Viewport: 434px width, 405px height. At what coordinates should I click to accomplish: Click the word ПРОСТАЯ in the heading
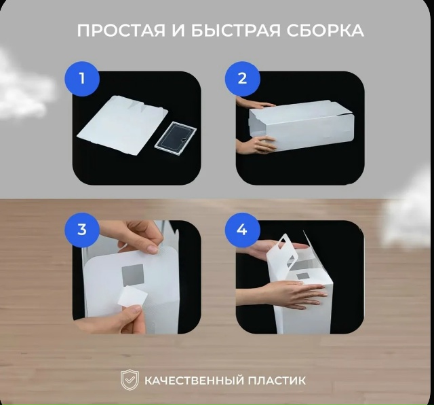[121, 31]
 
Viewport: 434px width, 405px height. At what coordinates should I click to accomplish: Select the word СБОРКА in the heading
[325, 31]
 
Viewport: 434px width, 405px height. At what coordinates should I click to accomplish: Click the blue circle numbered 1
[82, 79]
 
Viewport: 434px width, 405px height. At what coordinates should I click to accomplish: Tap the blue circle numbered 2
[242, 79]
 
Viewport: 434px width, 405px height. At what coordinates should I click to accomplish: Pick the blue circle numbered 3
[82, 230]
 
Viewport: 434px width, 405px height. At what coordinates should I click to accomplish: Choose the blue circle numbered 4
[242, 230]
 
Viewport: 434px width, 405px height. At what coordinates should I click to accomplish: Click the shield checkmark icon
[130, 379]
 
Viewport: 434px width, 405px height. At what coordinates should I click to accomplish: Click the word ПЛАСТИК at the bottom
[277, 381]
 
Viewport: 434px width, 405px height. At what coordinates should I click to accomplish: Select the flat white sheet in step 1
[122, 124]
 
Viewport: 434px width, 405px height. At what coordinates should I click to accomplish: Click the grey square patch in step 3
[133, 275]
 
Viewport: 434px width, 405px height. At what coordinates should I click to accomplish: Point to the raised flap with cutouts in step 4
[282, 254]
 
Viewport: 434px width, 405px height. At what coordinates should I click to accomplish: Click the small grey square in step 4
[302, 277]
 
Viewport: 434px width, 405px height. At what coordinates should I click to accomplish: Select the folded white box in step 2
[302, 129]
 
